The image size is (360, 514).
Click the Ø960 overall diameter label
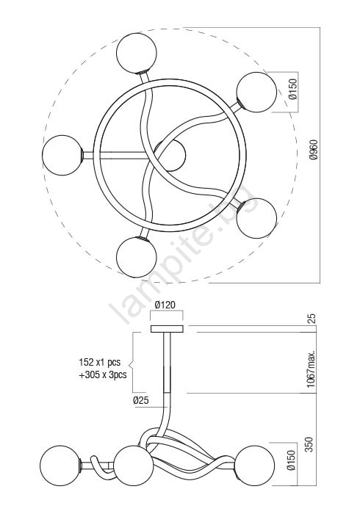pyautogui.click(x=314, y=150)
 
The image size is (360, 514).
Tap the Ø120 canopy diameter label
pyautogui.click(x=165, y=305)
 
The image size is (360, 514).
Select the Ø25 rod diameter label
pyautogui.click(x=141, y=400)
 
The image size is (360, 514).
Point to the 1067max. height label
pyautogui.click(x=312, y=369)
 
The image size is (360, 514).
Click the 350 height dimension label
pyautogui.click(x=309, y=444)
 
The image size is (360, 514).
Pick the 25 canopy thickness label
pyautogui.click(x=312, y=319)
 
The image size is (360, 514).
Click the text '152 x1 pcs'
pyautogui.click(x=100, y=362)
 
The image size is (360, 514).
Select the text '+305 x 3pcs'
pyautogui.click(x=103, y=375)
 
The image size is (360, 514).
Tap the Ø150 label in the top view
pyautogui.click(x=293, y=89)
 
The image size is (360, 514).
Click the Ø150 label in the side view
pyautogui.click(x=292, y=460)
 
